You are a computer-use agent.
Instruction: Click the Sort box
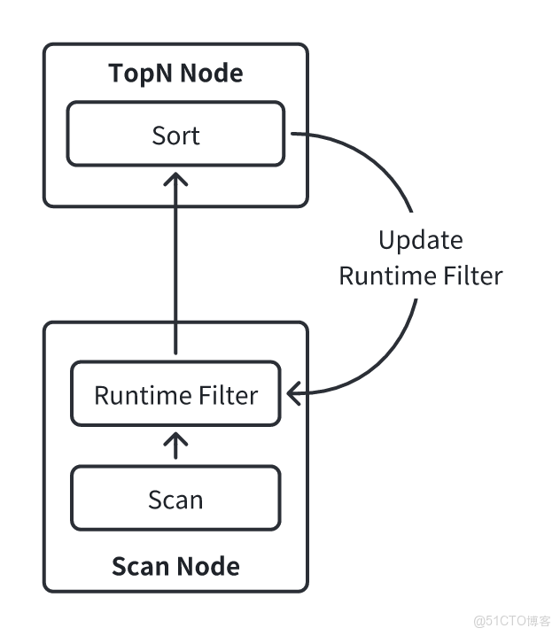tap(175, 134)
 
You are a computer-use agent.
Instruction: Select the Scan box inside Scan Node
tap(175, 499)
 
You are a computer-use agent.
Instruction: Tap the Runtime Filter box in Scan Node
tap(175, 394)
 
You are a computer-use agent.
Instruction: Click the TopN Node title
tap(175, 73)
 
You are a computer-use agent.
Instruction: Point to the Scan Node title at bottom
tap(175, 565)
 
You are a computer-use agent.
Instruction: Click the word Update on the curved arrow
tap(420, 240)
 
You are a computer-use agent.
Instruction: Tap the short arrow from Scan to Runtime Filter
tap(176, 445)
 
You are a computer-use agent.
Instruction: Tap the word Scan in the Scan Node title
tap(140, 565)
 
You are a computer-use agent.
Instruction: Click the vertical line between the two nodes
tap(176, 266)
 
